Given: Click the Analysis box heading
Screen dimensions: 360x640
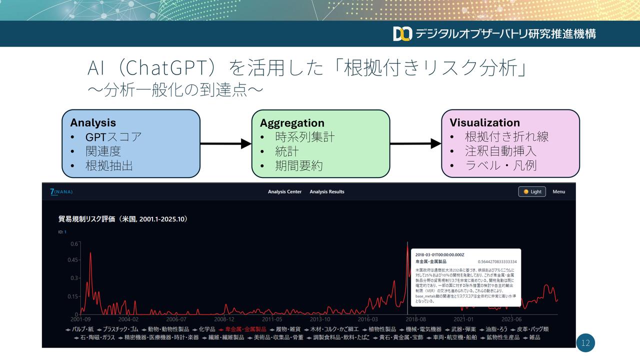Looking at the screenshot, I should coord(93,123).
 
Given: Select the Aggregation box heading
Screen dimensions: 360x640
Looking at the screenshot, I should coord(292,123).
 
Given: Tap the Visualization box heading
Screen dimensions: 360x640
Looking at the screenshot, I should coord(484,123).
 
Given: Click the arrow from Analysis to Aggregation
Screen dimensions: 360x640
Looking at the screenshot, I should coord(225,144).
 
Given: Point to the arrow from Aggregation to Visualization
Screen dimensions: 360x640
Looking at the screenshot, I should coord(415,144).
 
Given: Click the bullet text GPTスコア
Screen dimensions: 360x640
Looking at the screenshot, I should coord(113,137).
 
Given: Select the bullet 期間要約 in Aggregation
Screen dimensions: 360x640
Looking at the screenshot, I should coord(299,166).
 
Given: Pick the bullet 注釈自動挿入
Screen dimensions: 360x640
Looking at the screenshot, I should coord(500,150).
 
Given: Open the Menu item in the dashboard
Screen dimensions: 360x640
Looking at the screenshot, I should coord(558,192).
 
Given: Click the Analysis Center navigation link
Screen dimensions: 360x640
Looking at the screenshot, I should coord(284,192).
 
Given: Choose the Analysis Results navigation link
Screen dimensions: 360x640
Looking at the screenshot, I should coord(327,192).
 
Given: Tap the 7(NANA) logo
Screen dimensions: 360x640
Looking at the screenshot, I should coord(61,191).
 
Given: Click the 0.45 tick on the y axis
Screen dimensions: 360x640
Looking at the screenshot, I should coord(73,260).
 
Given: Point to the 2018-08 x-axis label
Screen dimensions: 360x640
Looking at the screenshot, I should coord(415,319).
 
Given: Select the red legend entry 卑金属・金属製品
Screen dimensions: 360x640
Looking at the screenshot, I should coord(245,329).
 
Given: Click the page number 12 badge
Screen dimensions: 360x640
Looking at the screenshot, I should coord(585,343).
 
